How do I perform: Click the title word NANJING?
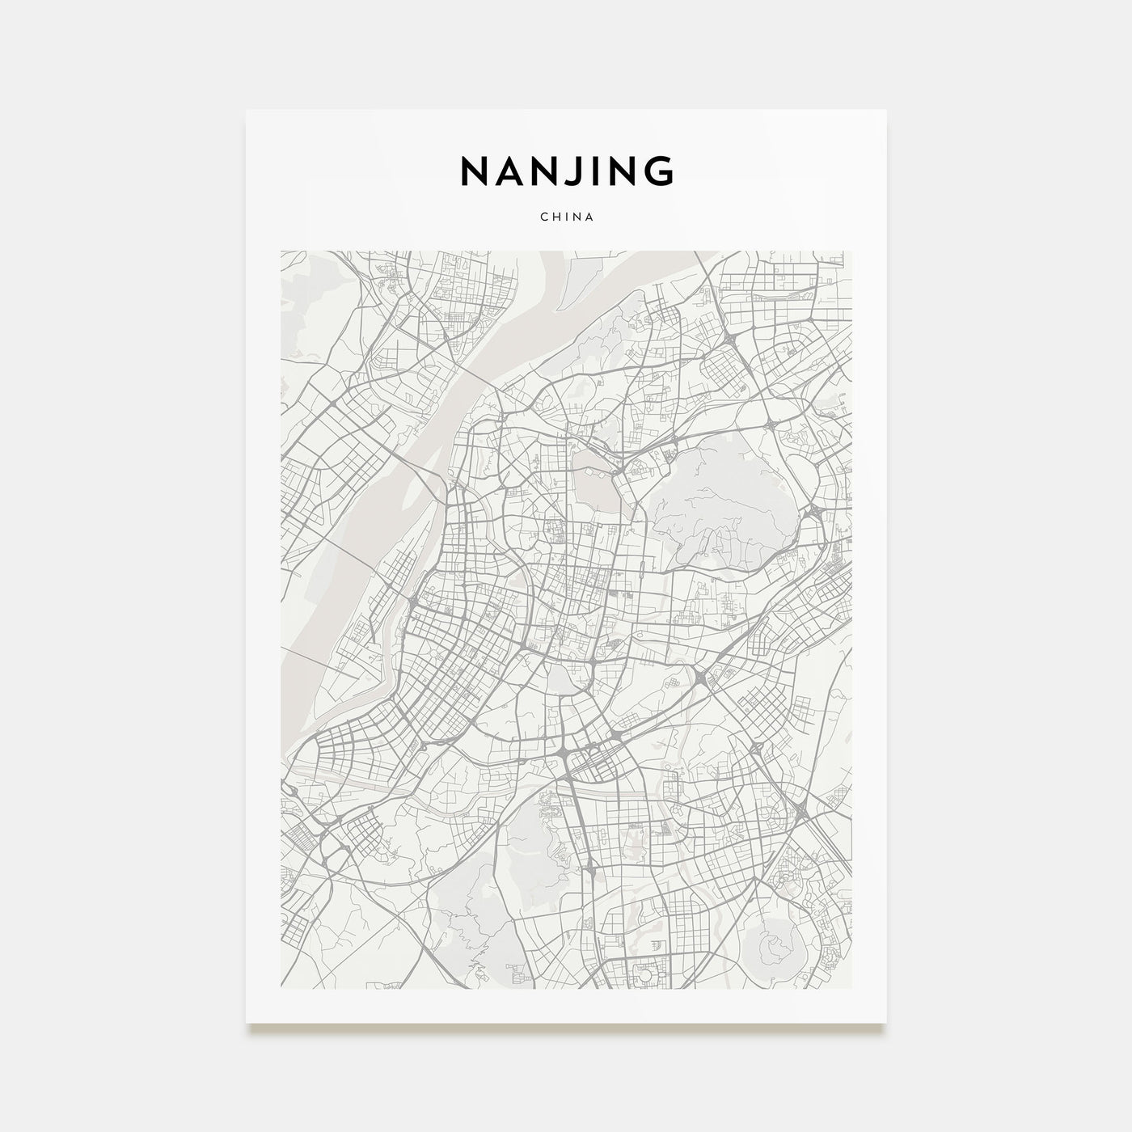[566, 171]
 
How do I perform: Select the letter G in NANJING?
[659, 171]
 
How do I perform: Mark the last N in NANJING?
[623, 171]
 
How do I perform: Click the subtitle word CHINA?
[566, 217]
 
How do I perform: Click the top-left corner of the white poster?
[247, 110]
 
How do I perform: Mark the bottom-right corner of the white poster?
[886, 1023]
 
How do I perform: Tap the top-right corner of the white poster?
[886, 110]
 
